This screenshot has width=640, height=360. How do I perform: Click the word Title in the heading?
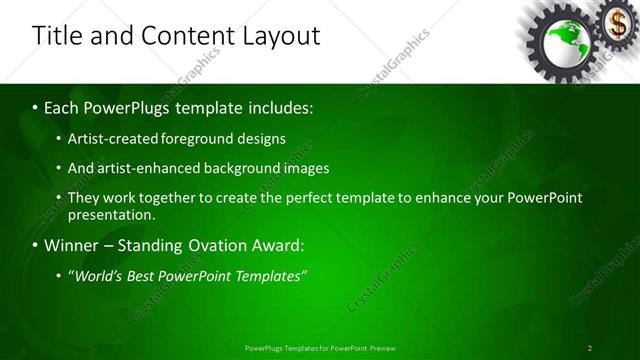pos(58,36)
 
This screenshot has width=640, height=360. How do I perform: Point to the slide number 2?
pos(590,348)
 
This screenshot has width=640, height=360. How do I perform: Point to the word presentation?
pos(111,214)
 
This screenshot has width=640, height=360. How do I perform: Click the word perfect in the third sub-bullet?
pos(327,198)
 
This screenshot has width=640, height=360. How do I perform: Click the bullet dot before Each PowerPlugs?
pos(35,107)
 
